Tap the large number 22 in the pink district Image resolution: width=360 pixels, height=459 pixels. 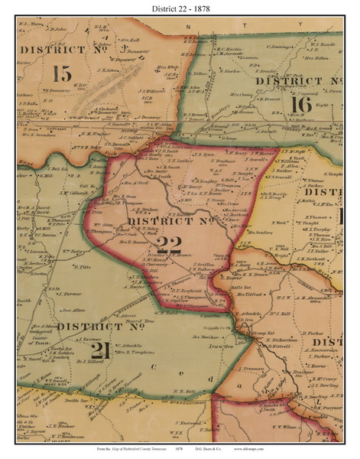click(x=164, y=245)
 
